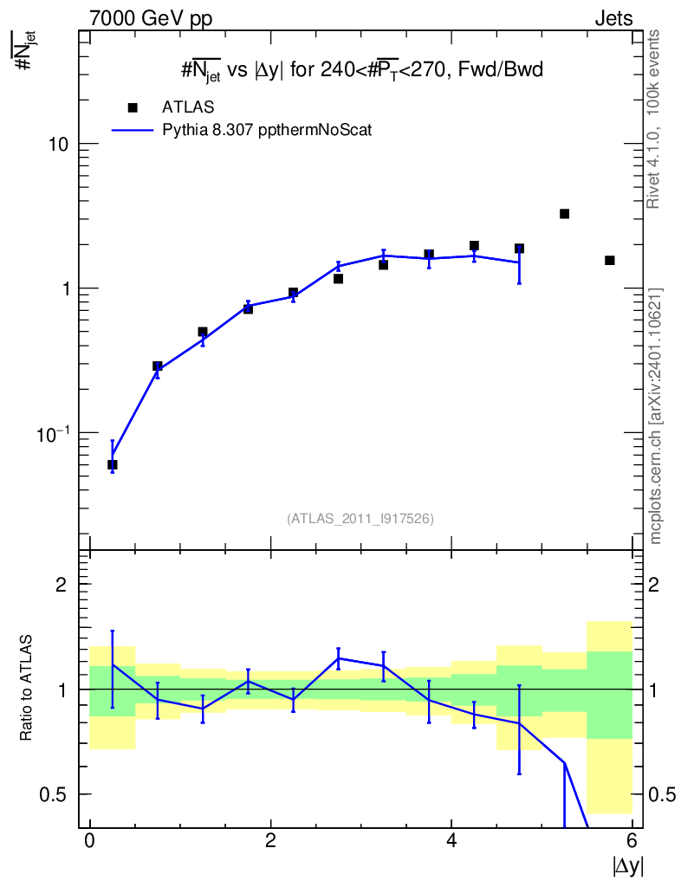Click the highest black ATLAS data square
click(x=564, y=214)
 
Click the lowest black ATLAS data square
click(x=112, y=464)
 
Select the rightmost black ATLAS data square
click(x=609, y=260)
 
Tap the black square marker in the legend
click(x=133, y=107)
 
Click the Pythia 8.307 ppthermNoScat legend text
click(x=267, y=130)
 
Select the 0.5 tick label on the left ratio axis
click(x=53, y=795)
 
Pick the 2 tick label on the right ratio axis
click(x=653, y=585)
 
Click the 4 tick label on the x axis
click(x=451, y=840)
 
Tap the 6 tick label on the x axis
click(x=632, y=840)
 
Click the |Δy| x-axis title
click(x=627, y=865)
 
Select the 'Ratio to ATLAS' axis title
click(x=26, y=687)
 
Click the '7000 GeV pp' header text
click(x=151, y=19)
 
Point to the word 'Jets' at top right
click(x=613, y=19)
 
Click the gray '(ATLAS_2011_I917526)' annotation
click(x=360, y=519)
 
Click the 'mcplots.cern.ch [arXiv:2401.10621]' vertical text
click(x=655, y=417)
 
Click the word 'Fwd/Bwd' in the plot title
click(x=501, y=69)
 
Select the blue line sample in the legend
click(x=133, y=130)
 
